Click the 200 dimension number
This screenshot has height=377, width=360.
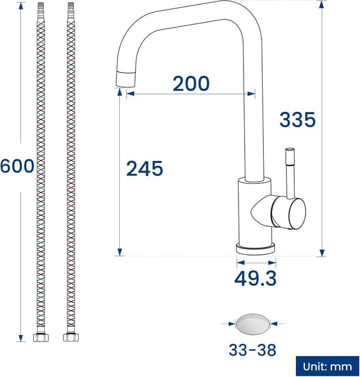tap(191, 84)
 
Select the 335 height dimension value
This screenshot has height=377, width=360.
tap(298, 119)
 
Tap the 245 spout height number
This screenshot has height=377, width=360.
tap(144, 168)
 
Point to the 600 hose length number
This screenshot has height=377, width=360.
tap(17, 167)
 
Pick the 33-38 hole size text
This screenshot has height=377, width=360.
tap(253, 350)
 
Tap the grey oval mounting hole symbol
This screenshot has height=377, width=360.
tap(253, 324)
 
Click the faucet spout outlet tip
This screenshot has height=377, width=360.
tap(125, 80)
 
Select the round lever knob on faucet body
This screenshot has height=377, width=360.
tap(290, 212)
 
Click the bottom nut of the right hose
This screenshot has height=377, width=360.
tap(70, 338)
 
